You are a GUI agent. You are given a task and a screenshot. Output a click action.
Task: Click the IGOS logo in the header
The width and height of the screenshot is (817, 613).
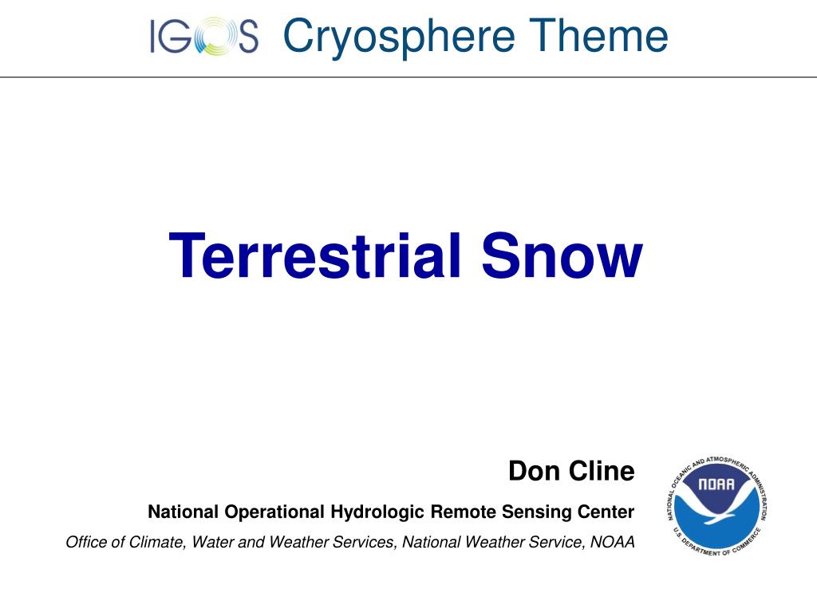pyautogui.click(x=204, y=37)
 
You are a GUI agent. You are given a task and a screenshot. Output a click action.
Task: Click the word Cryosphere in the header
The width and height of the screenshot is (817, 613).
pyautogui.click(x=399, y=38)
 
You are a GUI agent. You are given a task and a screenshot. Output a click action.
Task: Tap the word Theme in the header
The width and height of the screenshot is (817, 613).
pyautogui.click(x=598, y=35)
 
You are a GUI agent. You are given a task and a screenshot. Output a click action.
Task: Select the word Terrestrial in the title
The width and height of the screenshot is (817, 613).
pyautogui.click(x=315, y=255)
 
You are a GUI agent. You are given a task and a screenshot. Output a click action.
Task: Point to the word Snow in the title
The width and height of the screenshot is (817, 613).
pyautogui.click(x=562, y=255)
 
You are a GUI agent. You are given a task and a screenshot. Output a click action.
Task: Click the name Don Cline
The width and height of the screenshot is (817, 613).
pyautogui.click(x=571, y=471)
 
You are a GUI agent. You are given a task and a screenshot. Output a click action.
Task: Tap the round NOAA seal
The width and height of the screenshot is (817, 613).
pyautogui.click(x=717, y=506)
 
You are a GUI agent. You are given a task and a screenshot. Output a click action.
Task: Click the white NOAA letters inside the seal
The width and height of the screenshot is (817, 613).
pyautogui.click(x=716, y=484)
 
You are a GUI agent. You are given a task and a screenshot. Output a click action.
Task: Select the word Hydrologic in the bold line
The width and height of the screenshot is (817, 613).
pyautogui.click(x=377, y=512)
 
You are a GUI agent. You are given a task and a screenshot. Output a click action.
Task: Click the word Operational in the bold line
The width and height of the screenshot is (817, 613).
pyautogui.click(x=274, y=512)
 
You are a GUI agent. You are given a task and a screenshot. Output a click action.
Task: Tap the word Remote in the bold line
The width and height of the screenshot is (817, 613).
pyautogui.click(x=464, y=512)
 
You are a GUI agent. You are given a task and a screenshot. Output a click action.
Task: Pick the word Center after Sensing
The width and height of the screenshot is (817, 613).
pyautogui.click(x=606, y=512)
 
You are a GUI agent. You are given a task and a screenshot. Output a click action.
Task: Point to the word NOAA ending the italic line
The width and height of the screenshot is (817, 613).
pyautogui.click(x=612, y=542)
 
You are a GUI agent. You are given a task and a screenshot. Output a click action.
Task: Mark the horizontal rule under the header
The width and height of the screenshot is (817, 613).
pyautogui.click(x=408, y=77)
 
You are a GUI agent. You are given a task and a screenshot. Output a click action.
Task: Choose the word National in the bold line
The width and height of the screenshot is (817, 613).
pyautogui.click(x=184, y=512)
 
